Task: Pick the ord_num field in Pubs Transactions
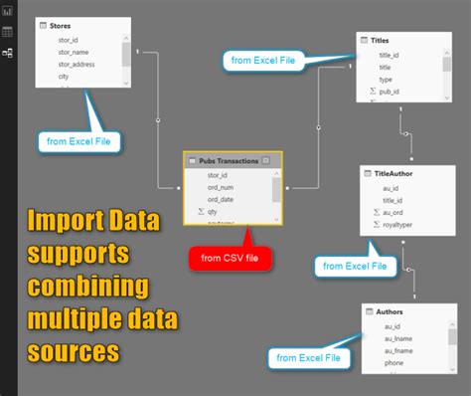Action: coord(220,187)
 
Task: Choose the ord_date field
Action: coord(221,199)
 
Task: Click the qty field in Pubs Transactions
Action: coord(212,212)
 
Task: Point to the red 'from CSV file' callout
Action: coord(232,259)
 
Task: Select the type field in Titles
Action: coord(386,78)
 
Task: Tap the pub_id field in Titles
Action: coord(390,90)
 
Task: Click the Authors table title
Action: coord(389,311)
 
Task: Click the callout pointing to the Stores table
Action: coord(79,141)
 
